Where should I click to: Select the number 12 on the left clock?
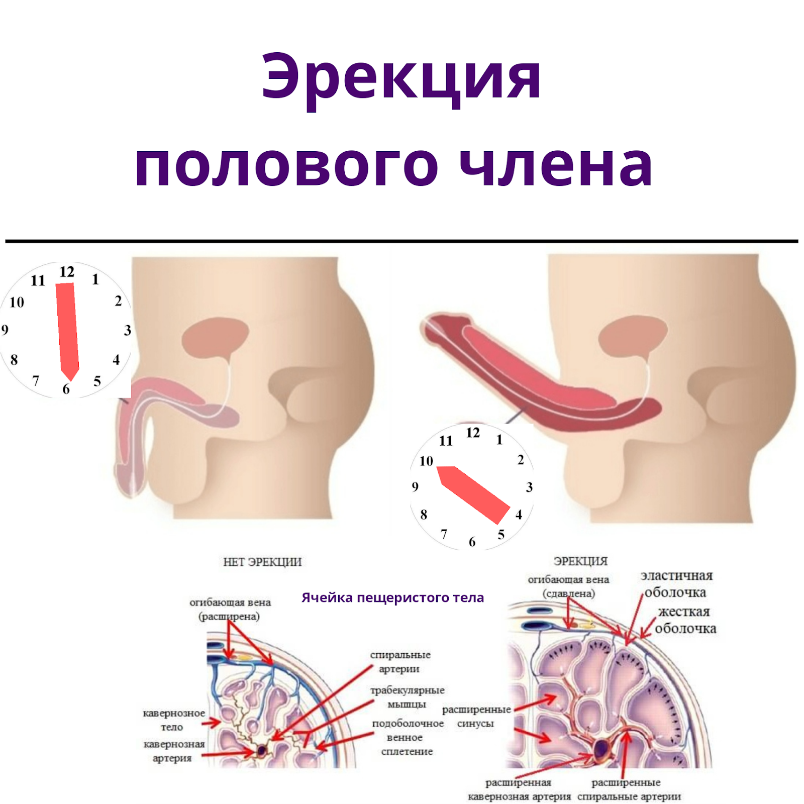click(67, 272)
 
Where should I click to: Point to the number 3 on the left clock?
click(128, 330)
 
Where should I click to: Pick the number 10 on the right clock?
click(426, 461)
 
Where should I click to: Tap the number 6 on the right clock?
click(472, 542)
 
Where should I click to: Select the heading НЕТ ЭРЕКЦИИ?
click(262, 562)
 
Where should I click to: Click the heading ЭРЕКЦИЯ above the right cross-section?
click(580, 561)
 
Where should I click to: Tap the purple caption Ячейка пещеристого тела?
click(392, 597)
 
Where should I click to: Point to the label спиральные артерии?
click(400, 661)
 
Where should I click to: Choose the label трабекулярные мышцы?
click(407, 697)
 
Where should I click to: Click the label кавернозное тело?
click(173, 720)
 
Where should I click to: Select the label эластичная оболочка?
click(676, 584)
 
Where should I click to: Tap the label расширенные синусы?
click(476, 716)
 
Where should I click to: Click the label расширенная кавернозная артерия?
click(519, 789)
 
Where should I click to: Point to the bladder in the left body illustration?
click(215, 336)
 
